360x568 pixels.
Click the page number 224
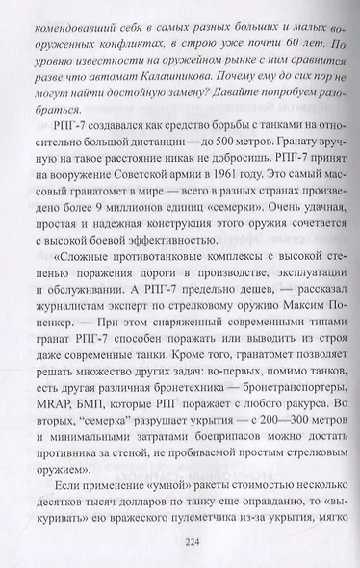pyautogui.click(x=182, y=541)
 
